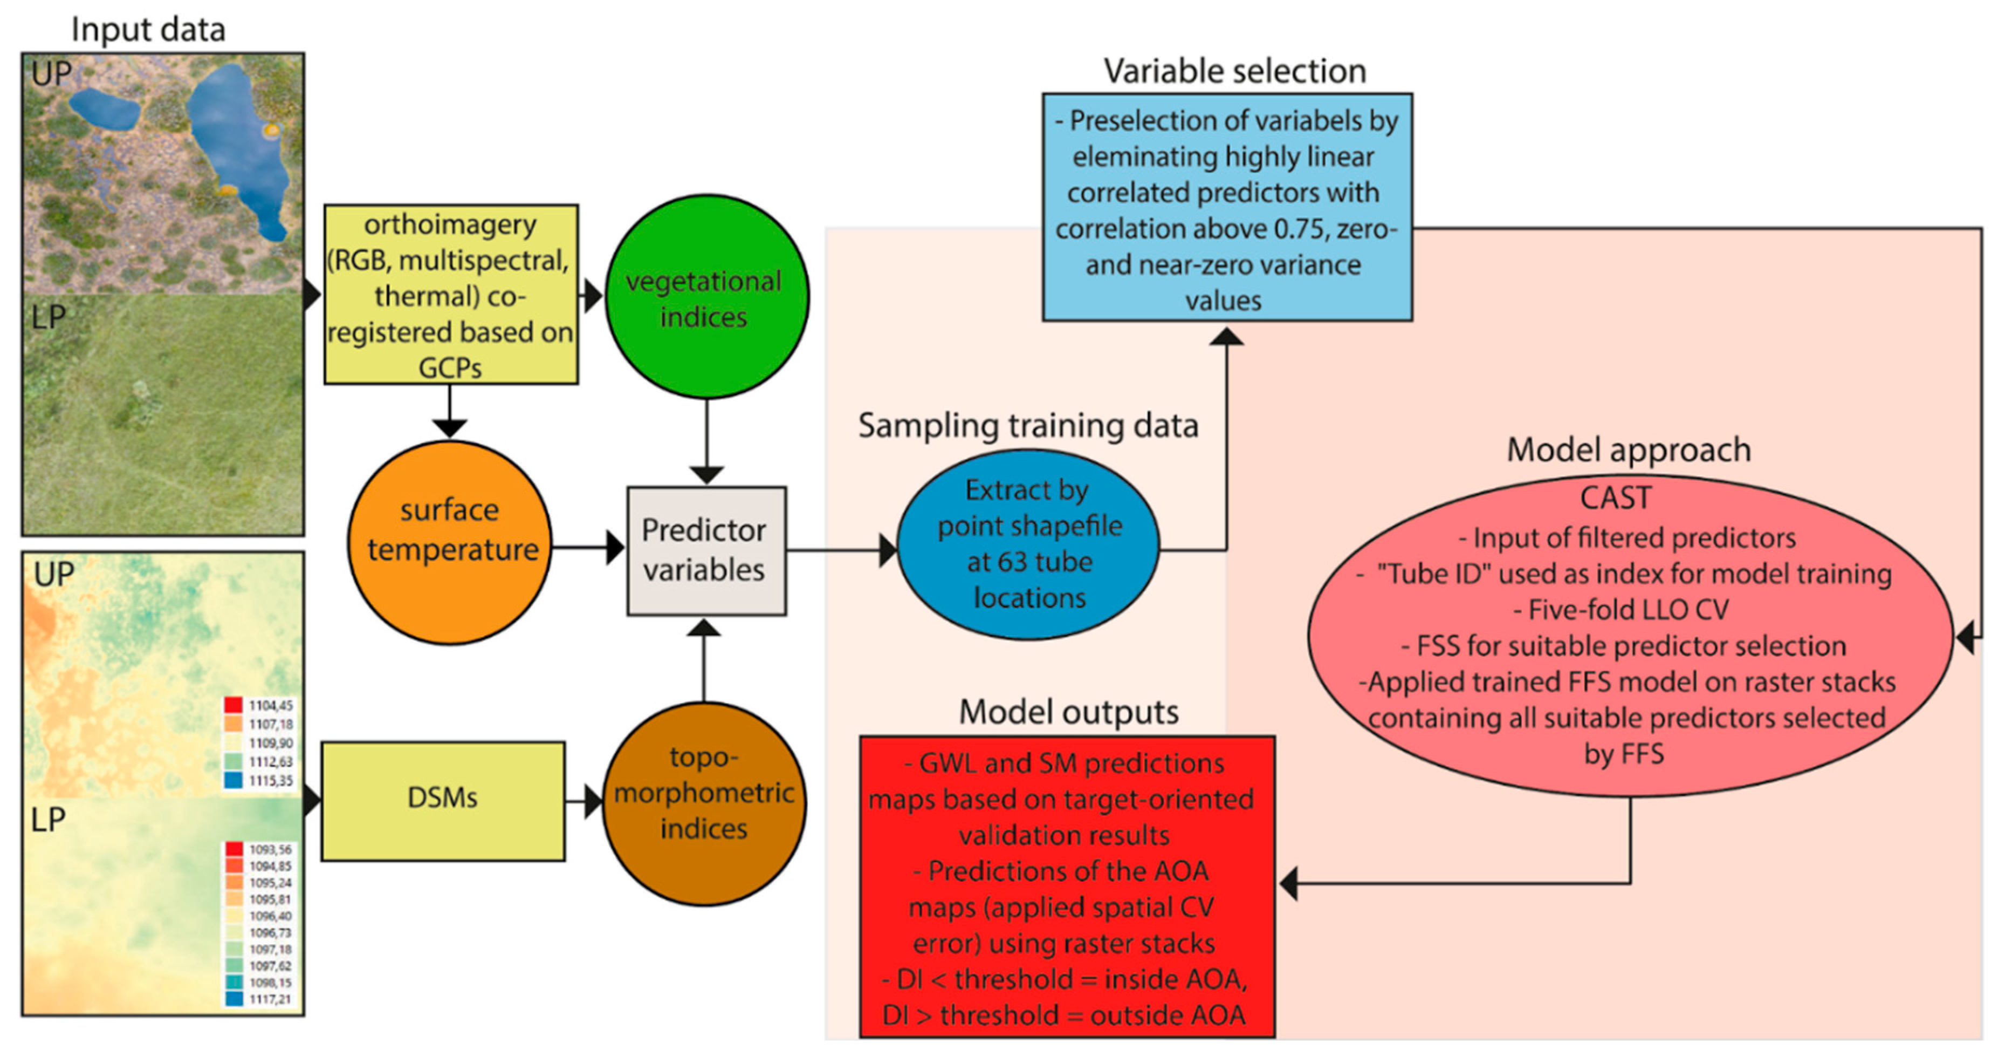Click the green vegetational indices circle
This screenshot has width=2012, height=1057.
[x=706, y=297]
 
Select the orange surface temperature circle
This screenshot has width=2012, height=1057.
[x=449, y=543]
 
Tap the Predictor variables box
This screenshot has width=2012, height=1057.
[x=706, y=551]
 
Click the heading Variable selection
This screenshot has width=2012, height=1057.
[x=1234, y=71]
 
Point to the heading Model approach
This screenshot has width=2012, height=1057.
[x=1629, y=450]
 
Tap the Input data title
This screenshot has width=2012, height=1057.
[x=148, y=30]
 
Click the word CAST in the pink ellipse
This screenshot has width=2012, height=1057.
[x=1615, y=497]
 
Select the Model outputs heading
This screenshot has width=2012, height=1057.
[x=1068, y=712]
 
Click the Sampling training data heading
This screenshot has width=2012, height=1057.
[x=1028, y=426]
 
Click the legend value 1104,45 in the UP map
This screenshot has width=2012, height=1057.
[x=270, y=705]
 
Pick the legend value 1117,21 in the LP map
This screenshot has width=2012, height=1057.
[x=270, y=999]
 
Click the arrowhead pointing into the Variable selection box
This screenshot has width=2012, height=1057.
[x=1226, y=337]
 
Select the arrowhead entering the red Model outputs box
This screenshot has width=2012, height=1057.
[x=1289, y=884]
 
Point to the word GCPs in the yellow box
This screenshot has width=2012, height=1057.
[x=449, y=367]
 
